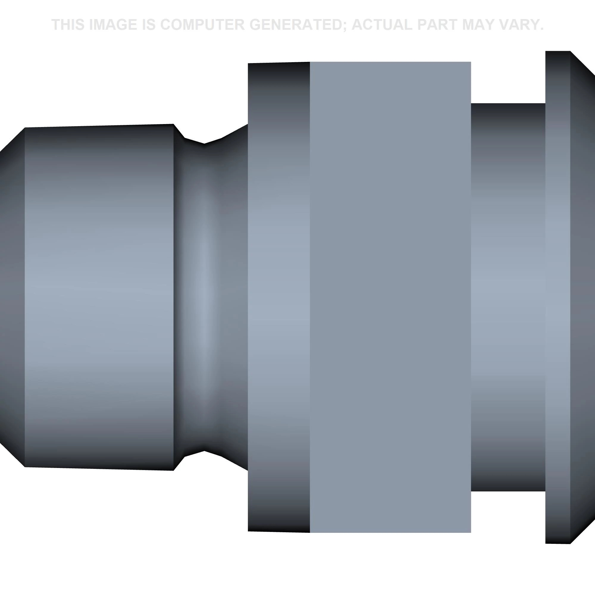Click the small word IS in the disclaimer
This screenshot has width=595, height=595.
(x=149, y=25)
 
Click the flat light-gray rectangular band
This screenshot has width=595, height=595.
(x=390, y=297)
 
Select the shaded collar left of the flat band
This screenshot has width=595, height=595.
(x=279, y=297)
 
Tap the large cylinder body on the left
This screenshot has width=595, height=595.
(x=98, y=297)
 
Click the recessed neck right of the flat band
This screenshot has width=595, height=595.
(x=508, y=297)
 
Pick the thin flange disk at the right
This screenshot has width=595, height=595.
(x=558, y=297)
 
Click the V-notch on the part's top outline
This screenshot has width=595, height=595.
(x=204, y=143)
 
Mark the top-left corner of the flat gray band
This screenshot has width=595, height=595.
(x=310, y=62)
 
